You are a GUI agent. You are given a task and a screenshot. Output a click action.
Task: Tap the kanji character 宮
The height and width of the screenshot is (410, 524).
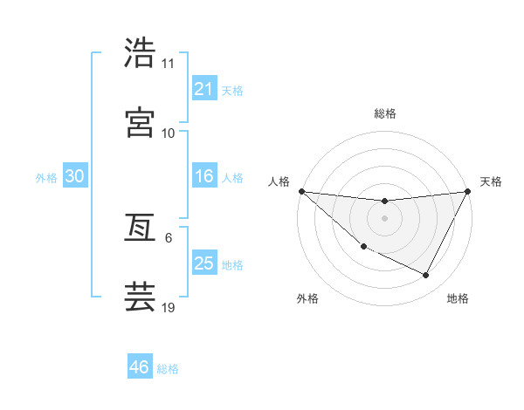[x=140, y=122]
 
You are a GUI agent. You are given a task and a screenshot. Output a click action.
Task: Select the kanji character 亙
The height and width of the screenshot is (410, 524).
[x=140, y=229]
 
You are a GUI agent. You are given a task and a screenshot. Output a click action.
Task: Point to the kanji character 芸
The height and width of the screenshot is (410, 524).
[x=140, y=297]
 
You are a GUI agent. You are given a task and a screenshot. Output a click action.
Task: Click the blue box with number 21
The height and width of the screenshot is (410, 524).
[x=203, y=89]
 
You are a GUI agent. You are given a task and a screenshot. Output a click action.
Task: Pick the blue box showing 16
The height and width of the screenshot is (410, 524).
[x=203, y=176]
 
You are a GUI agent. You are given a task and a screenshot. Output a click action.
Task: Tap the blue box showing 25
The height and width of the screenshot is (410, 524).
[x=203, y=263]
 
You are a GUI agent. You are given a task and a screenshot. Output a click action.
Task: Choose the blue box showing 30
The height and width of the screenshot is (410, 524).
[x=74, y=176]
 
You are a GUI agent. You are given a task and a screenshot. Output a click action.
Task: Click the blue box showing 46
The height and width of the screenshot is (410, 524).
[x=140, y=367]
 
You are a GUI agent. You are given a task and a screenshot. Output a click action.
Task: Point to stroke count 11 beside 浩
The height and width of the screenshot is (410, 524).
[x=168, y=64]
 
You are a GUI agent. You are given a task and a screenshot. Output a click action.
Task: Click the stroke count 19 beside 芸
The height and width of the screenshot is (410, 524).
[x=168, y=307]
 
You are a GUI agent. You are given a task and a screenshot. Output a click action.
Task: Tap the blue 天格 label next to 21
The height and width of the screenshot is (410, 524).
[x=232, y=90]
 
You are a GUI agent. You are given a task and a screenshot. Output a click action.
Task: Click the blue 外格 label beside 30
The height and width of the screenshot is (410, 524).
[x=46, y=177]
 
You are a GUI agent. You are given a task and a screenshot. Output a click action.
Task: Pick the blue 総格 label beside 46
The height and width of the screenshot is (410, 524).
[x=168, y=368]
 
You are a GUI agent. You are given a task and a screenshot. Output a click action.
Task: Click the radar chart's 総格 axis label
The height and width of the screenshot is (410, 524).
[x=385, y=113]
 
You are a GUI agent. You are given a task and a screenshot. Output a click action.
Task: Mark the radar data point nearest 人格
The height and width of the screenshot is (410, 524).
[x=301, y=191]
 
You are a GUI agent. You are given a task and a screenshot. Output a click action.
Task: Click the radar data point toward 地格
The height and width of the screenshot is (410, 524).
[x=426, y=276]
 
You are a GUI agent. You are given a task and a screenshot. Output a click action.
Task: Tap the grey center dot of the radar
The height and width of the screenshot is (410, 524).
[x=385, y=218]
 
